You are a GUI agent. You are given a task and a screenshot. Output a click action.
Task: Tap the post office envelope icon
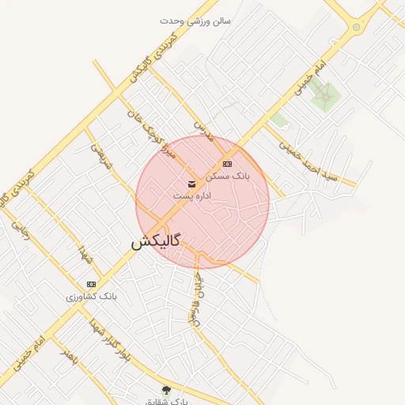coord(192,184)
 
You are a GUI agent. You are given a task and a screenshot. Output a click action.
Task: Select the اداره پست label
coord(191,195)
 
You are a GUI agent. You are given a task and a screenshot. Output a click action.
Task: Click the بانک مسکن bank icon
coord(228,164)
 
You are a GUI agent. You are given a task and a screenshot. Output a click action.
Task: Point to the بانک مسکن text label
coord(228,176)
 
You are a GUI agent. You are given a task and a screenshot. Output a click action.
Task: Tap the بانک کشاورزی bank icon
coord(91,284)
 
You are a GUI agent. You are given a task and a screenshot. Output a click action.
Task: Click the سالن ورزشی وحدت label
coord(195,21)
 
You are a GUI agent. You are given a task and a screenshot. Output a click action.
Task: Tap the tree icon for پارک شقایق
coord(166,390)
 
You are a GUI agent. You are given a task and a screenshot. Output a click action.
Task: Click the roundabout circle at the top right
coord(357,27)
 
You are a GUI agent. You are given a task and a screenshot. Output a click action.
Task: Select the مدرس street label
coord(205,131)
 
